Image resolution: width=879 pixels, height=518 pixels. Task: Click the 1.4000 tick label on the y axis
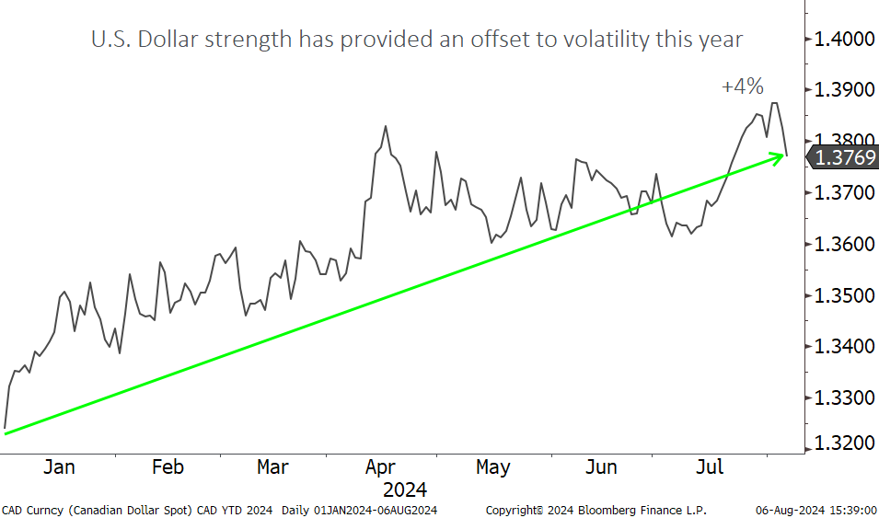point(841,40)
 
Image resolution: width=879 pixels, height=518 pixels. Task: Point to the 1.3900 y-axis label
point(841,90)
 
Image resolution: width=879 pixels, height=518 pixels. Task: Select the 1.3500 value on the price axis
point(841,296)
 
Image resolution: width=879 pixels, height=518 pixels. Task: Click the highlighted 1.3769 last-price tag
point(841,157)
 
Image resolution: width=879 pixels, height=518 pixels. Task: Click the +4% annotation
point(743,86)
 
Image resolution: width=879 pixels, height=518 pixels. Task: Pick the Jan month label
point(59,467)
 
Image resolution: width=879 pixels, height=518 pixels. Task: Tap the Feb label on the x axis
point(167,467)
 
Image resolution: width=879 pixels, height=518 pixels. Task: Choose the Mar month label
point(272,467)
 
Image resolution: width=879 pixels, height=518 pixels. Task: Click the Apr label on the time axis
point(380,467)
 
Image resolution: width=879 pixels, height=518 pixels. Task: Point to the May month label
point(493,467)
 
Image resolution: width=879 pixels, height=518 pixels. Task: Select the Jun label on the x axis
point(601,467)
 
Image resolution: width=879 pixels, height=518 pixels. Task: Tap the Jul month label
point(709,467)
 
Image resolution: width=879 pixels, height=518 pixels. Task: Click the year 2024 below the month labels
point(405,489)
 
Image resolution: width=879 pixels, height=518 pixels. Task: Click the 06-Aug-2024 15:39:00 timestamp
point(815,510)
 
